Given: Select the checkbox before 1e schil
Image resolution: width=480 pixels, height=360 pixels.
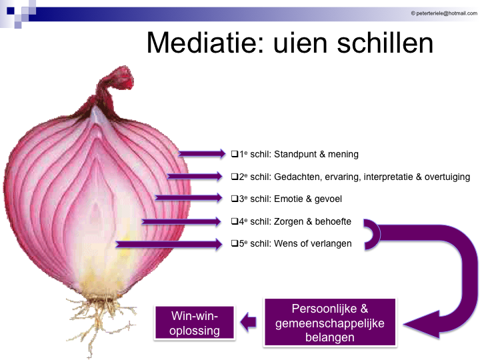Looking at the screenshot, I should (x=235, y=154).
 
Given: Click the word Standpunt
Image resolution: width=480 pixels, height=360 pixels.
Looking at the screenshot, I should (x=299, y=154).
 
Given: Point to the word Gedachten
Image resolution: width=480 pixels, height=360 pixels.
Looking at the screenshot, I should (x=300, y=177).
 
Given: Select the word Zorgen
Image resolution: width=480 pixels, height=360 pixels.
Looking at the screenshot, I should (x=289, y=221).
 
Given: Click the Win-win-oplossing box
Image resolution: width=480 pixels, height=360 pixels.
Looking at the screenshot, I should (x=195, y=323).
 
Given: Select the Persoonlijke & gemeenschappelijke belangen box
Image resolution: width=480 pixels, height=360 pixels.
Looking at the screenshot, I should (x=329, y=323).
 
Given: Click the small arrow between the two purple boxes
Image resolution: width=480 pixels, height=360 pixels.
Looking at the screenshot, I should (x=248, y=323).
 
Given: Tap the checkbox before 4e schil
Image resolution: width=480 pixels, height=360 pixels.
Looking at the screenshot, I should (x=235, y=221).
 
